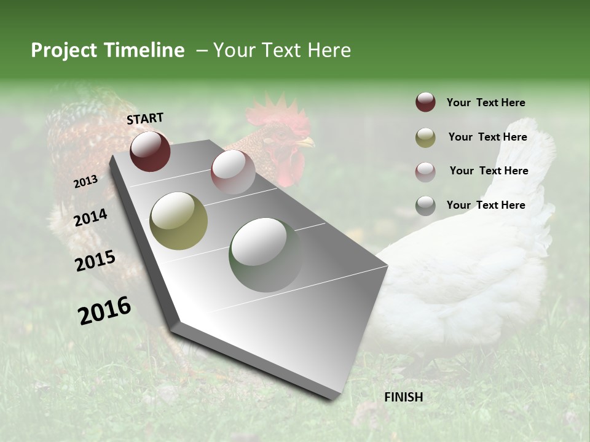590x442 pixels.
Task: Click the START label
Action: (x=145, y=118)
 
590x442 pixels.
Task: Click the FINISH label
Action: (x=404, y=397)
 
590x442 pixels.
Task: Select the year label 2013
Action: (x=85, y=182)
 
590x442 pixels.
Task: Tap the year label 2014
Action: (x=91, y=218)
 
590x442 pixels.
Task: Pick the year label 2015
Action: (x=95, y=261)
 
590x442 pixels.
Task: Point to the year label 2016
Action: (x=104, y=310)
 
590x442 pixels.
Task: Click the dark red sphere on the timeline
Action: (x=150, y=151)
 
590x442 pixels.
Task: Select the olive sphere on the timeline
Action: (x=178, y=221)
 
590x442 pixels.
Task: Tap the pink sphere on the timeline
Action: (x=233, y=171)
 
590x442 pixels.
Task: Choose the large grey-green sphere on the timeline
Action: (x=265, y=254)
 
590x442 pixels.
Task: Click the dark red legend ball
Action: (x=425, y=103)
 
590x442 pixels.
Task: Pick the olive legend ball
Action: (x=425, y=138)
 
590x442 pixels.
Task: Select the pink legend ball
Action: (x=425, y=172)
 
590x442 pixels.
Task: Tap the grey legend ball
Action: (x=425, y=206)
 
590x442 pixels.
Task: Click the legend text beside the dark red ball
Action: (x=486, y=103)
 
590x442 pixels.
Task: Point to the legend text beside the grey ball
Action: (x=486, y=205)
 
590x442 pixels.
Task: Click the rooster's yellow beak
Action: (x=305, y=142)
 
